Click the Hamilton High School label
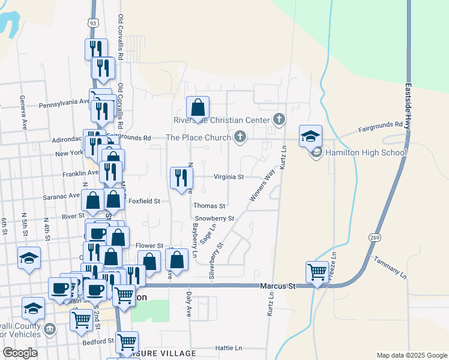tap(366, 152)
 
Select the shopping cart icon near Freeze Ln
tap(317, 272)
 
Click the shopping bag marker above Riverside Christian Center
tap(198, 109)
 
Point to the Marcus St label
tap(279, 286)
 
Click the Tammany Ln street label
tap(390, 268)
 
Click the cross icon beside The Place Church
tap(240, 137)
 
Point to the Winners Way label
tap(261, 186)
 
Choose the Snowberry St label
tap(214, 218)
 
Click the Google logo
tap(20, 353)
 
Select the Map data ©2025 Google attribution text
tap(411, 355)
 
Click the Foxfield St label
tap(145, 202)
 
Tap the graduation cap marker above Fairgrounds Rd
tap(311, 136)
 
